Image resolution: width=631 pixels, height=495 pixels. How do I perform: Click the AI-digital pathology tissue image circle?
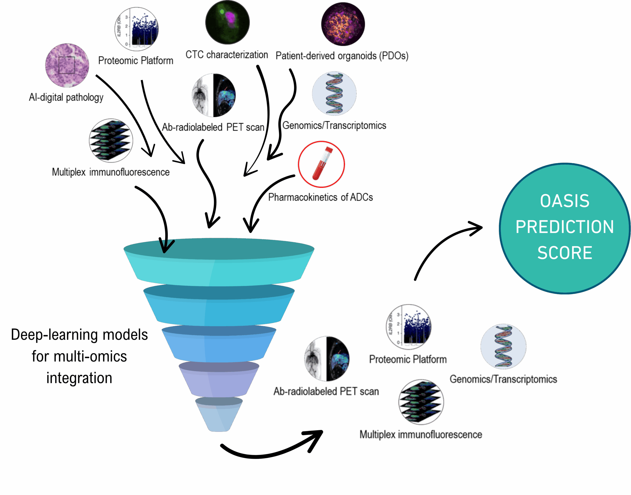[x=67, y=65]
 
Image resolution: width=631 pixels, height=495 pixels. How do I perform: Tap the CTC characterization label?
[x=227, y=54]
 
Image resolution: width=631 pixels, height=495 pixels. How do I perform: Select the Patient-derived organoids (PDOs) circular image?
[x=343, y=24]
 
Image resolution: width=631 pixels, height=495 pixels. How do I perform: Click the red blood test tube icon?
[x=322, y=163]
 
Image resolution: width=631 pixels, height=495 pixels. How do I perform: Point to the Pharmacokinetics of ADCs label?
[x=320, y=197]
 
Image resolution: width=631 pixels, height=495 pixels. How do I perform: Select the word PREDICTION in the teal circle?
[x=565, y=227]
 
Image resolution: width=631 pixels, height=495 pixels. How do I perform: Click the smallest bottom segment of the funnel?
[x=219, y=415]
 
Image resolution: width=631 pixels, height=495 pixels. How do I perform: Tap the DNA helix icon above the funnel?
[x=334, y=94]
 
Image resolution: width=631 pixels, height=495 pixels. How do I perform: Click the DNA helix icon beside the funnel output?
[x=503, y=346]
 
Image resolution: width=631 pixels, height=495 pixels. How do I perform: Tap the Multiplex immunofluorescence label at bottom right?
[x=421, y=434]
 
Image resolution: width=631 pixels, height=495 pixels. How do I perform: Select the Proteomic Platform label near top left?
[x=136, y=60]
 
